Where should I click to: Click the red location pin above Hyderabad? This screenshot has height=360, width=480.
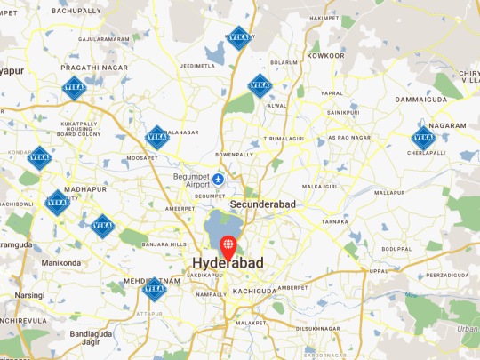point(228,244)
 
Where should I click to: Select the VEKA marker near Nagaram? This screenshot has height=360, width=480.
point(422,138)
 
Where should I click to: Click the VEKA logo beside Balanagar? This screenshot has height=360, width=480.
point(156,136)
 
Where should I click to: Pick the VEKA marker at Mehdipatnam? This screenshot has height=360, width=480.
point(155,288)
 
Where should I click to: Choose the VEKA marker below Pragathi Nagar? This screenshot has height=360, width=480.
point(74,87)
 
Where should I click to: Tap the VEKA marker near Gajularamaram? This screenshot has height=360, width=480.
point(238,36)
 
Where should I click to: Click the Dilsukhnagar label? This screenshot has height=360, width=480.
point(318,328)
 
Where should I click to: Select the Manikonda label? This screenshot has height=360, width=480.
point(60,263)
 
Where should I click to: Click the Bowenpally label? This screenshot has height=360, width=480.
point(235,154)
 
